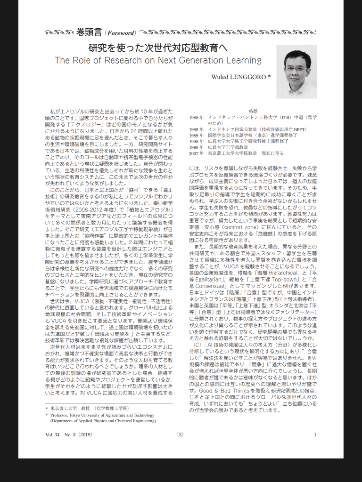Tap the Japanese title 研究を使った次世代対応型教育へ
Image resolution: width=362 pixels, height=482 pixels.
158,48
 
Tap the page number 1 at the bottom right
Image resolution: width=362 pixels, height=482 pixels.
315,434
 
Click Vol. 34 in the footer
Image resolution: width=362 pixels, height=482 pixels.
53,434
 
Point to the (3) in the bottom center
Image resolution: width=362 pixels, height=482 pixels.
181,434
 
